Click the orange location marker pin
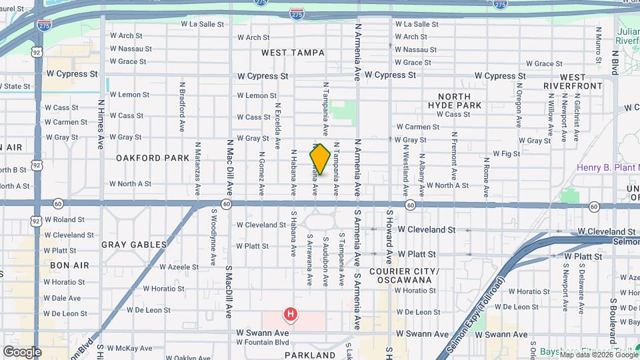(320, 159)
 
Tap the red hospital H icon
(291, 313)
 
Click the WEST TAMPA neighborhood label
(293, 53)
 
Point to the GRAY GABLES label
(134, 245)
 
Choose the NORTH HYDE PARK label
(459, 101)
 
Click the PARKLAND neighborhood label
(309, 355)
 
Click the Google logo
(22, 351)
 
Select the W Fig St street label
(506, 153)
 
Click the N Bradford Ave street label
(181, 107)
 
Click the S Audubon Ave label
(325, 257)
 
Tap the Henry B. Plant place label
(607, 168)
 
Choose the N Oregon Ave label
(518, 104)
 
